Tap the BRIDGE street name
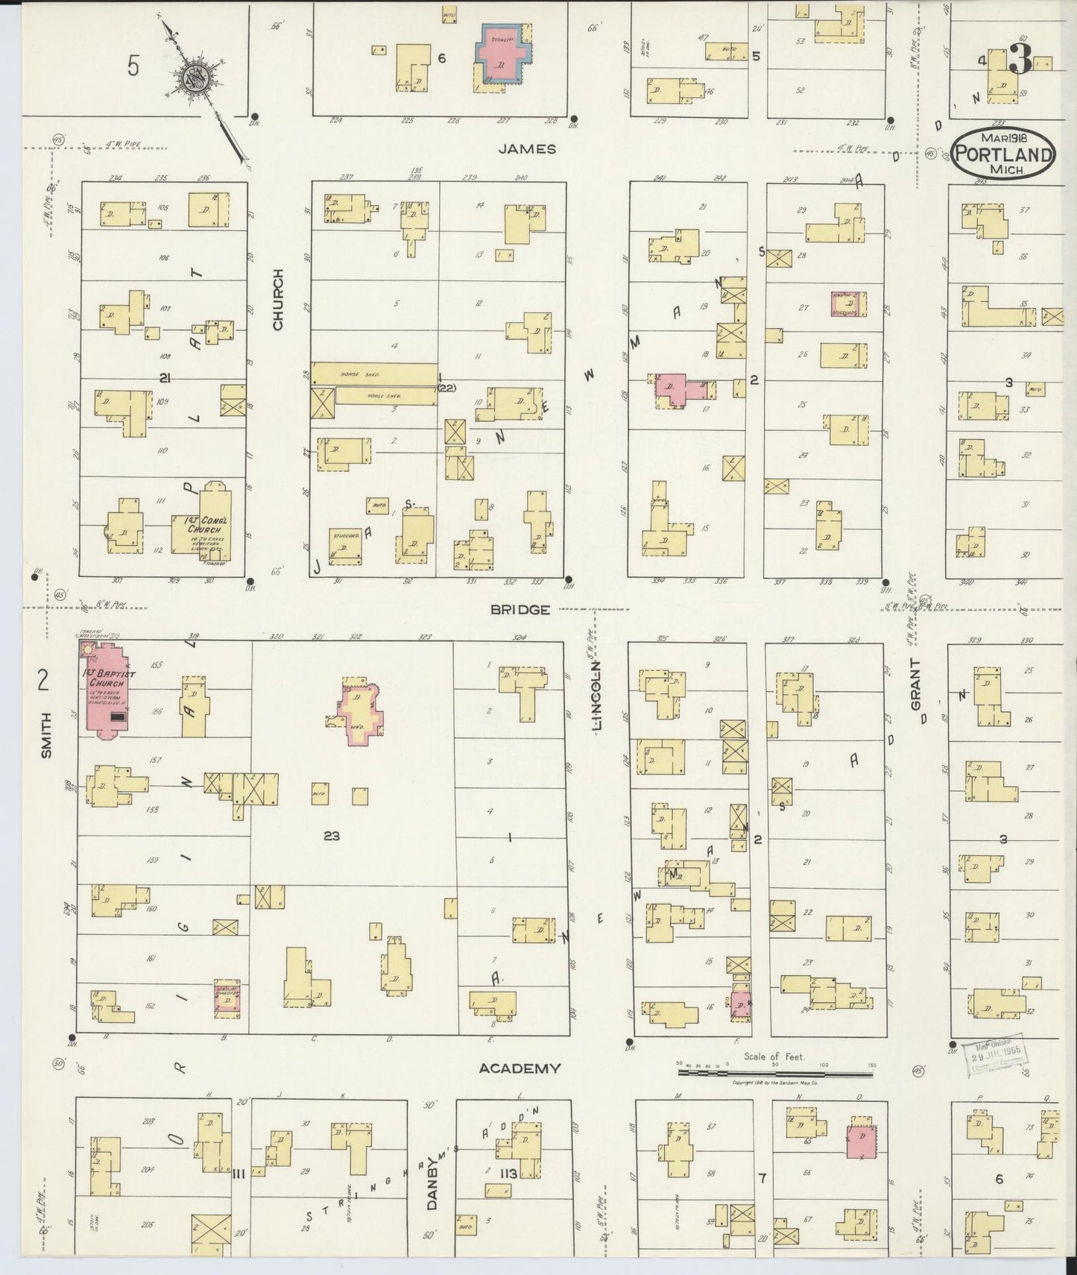point(519,609)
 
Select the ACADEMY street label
point(519,1068)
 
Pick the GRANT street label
point(915,684)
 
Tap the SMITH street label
point(46,735)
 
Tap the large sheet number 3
point(1020,60)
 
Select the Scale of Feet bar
point(775,1073)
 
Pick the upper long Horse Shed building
point(373,373)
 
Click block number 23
point(332,836)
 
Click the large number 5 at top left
point(133,66)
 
